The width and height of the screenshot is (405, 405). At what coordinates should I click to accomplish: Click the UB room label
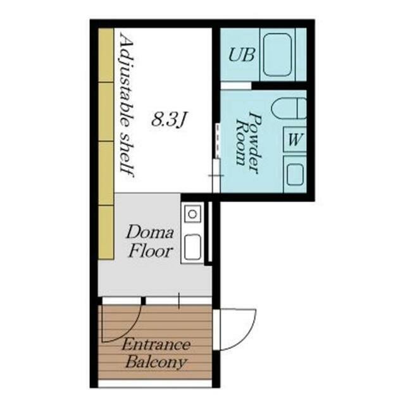tap(242, 55)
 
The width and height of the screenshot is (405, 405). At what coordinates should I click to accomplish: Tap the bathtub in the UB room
tap(278, 55)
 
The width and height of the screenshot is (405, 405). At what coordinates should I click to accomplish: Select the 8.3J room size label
tap(169, 120)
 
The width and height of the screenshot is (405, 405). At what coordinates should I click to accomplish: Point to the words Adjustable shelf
tap(127, 107)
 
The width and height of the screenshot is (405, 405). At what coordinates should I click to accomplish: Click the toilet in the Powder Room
tap(289, 108)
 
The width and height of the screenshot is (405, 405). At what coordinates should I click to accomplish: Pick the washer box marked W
tap(295, 139)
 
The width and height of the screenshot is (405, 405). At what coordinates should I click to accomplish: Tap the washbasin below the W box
tap(295, 174)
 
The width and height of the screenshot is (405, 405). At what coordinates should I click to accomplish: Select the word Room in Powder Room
tap(240, 142)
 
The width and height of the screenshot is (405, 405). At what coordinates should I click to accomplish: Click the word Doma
tap(149, 232)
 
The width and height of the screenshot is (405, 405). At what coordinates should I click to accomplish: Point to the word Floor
tap(151, 251)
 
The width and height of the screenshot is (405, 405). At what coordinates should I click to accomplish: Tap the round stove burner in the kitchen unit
tap(192, 214)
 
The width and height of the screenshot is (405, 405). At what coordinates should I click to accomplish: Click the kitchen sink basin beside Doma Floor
tap(192, 247)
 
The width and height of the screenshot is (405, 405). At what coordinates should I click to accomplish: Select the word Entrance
tap(156, 345)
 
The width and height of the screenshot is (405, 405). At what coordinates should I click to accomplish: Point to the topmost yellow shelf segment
tap(106, 55)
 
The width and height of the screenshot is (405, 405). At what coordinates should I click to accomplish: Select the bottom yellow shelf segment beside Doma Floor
tap(106, 232)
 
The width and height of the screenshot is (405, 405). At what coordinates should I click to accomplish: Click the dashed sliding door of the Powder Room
tap(218, 140)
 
